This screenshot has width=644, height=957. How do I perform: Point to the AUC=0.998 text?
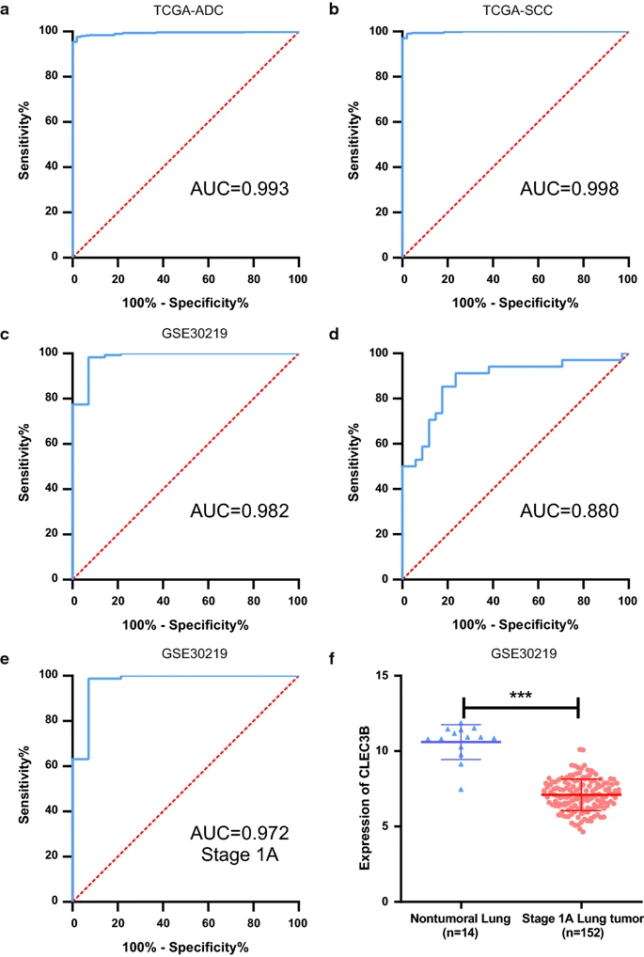point(569,189)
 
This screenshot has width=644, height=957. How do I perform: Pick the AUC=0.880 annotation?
point(569,511)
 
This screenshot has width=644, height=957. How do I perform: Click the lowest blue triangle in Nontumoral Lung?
point(460,789)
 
